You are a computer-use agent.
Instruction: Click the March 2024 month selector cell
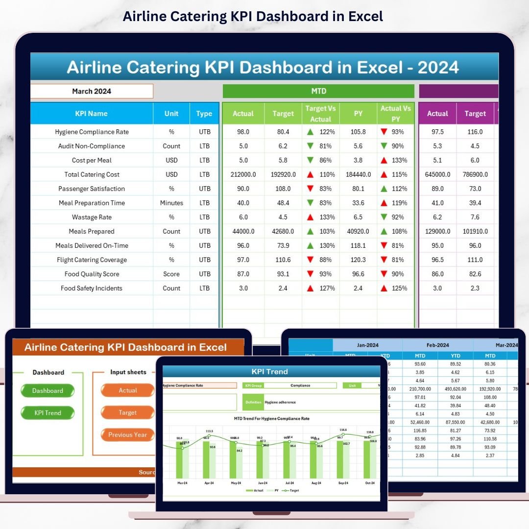(92, 91)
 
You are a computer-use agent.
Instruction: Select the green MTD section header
(318, 91)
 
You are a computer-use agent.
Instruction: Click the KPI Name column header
(92, 113)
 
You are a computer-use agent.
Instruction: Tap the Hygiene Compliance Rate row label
(92, 132)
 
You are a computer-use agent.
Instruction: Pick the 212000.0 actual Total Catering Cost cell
(243, 174)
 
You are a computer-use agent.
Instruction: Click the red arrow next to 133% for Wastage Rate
(310, 217)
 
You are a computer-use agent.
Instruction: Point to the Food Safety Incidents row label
(92, 288)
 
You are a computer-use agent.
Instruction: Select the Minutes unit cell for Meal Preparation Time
(171, 203)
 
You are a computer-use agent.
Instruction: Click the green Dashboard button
(48, 391)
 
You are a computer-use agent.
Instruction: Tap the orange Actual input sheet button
(127, 390)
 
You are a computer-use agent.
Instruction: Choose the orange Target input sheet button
(127, 412)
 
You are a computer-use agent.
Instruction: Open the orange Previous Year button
(127, 434)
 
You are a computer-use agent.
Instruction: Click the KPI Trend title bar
(271, 371)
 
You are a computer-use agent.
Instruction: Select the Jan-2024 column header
(367, 345)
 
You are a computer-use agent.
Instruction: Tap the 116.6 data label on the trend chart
(342, 430)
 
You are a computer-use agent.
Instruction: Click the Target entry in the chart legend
(293, 490)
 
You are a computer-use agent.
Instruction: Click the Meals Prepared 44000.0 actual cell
(243, 231)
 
